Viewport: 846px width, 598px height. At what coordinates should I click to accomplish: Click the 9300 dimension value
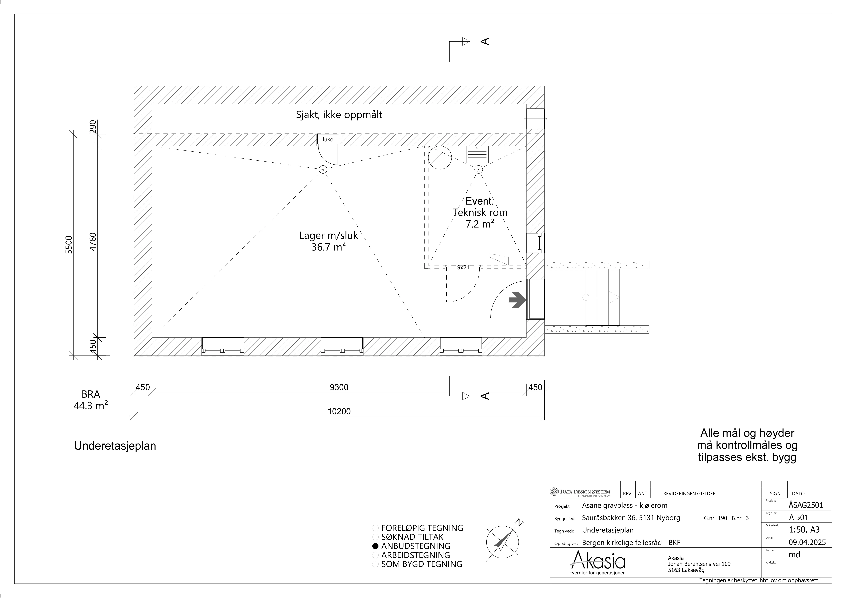[339, 387]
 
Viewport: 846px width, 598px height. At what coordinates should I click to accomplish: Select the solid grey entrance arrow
[517, 300]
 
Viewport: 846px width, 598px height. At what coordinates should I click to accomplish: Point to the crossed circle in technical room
[440, 158]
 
